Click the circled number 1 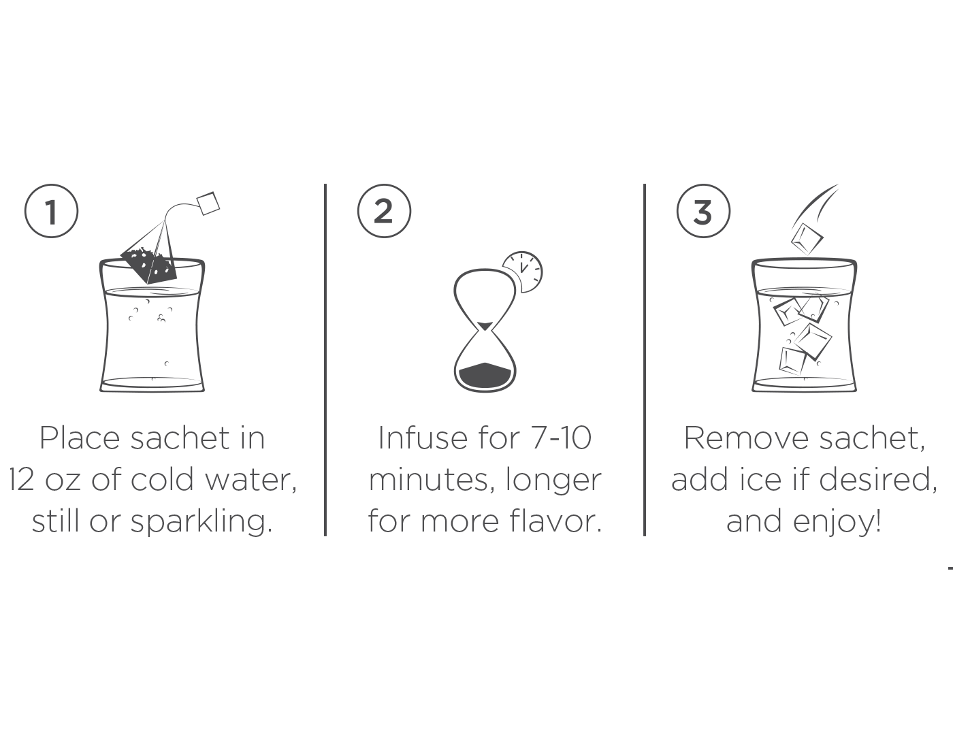pos(51,211)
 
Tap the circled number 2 pos(384,211)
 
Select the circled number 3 pos(703,211)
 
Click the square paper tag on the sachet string pos(208,203)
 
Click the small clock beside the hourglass pos(523,271)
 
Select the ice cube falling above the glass pos(807,238)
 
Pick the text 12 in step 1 pos(21,480)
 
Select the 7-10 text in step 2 pos(561,438)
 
